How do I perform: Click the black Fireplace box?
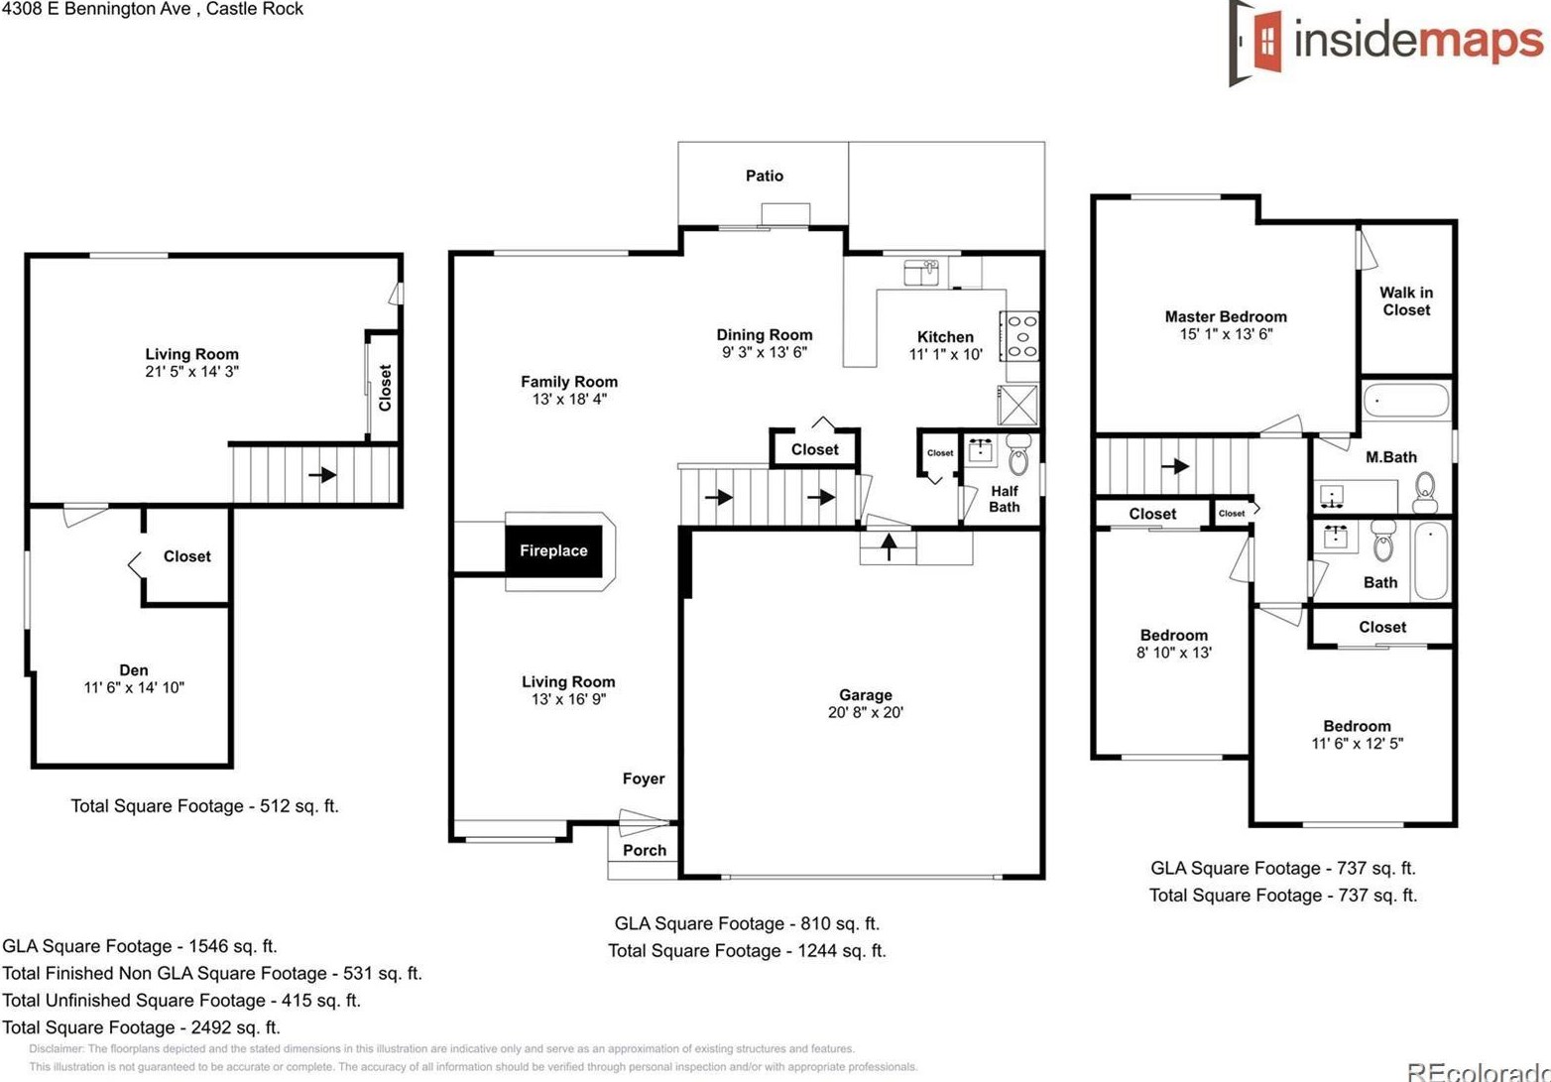point(553,550)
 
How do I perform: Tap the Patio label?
point(764,176)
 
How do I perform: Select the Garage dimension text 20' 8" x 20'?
point(865,712)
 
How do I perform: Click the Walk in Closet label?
point(1405,301)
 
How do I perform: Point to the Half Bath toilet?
point(1018,457)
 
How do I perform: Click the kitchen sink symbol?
point(921,271)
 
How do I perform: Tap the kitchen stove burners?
point(1022,336)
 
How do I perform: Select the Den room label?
point(134,670)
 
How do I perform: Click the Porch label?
point(644,850)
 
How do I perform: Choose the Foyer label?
point(644,779)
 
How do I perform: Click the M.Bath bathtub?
point(1405,403)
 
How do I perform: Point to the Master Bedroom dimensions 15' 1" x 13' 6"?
point(1226,334)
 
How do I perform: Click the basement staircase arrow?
point(321,475)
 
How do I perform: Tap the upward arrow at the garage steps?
point(889,546)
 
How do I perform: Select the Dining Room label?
point(764,335)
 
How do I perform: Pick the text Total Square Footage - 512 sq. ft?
point(204,805)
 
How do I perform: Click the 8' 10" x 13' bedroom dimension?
point(1173,653)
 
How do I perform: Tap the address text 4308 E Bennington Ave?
point(97,9)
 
